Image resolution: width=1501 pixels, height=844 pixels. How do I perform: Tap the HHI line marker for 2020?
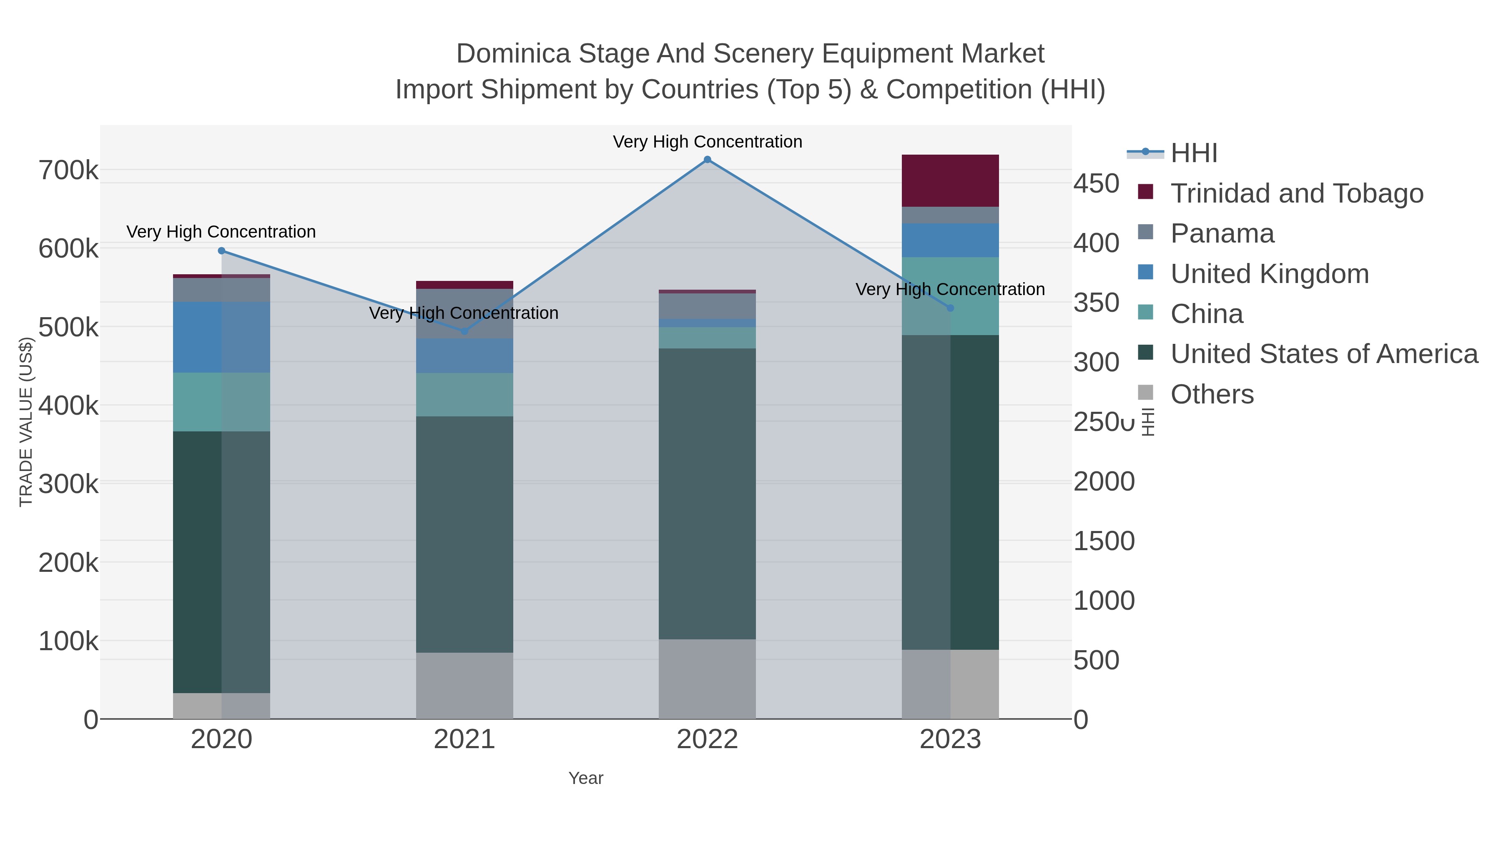(x=221, y=251)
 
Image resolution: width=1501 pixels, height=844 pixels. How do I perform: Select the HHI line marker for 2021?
(x=464, y=331)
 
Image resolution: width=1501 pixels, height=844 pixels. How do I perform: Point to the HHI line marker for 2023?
(x=950, y=308)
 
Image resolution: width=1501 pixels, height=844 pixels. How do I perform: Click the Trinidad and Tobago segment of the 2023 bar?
(x=950, y=180)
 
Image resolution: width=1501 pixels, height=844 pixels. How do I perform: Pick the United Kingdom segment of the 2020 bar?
(x=221, y=337)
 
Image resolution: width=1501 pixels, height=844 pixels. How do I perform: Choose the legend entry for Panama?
(x=1222, y=233)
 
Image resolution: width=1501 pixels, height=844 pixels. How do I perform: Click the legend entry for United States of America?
(x=1324, y=354)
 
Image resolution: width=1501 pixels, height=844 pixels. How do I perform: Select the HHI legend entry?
(x=1193, y=153)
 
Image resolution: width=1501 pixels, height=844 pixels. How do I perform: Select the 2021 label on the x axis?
(x=464, y=740)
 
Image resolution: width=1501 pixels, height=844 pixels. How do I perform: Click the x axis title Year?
(x=586, y=778)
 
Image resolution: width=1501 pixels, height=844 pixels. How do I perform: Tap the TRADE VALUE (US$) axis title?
(x=26, y=422)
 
